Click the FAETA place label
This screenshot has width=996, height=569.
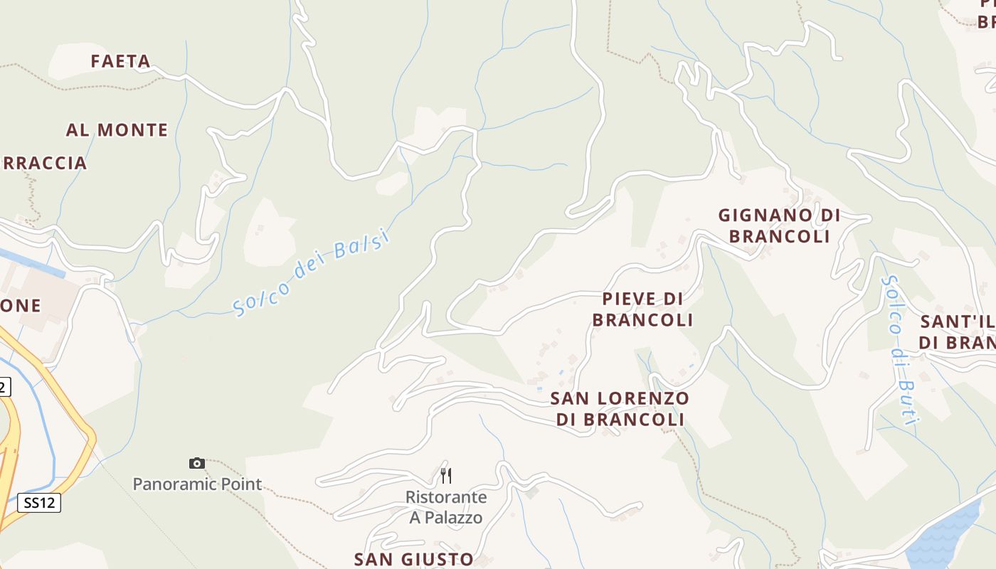(120, 62)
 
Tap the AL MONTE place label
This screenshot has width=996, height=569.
(117, 130)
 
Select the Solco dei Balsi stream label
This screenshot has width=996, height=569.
(312, 271)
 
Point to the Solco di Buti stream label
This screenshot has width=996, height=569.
(897, 350)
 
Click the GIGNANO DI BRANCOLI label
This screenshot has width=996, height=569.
(779, 225)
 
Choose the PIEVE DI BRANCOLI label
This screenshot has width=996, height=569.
(642, 309)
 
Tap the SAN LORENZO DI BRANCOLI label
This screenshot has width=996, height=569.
(620, 409)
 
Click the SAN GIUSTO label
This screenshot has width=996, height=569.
(413, 559)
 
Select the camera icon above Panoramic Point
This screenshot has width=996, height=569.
(197, 464)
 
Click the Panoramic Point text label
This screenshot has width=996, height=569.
(197, 484)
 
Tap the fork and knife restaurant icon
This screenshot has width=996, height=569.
(446, 475)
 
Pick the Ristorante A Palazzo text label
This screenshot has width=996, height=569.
(446, 507)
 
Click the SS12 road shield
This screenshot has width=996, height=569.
(39, 503)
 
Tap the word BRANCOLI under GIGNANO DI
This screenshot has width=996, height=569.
(779, 236)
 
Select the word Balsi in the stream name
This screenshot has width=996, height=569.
(363, 244)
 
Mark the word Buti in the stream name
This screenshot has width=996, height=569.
(906, 402)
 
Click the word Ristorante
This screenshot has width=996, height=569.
(446, 497)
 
